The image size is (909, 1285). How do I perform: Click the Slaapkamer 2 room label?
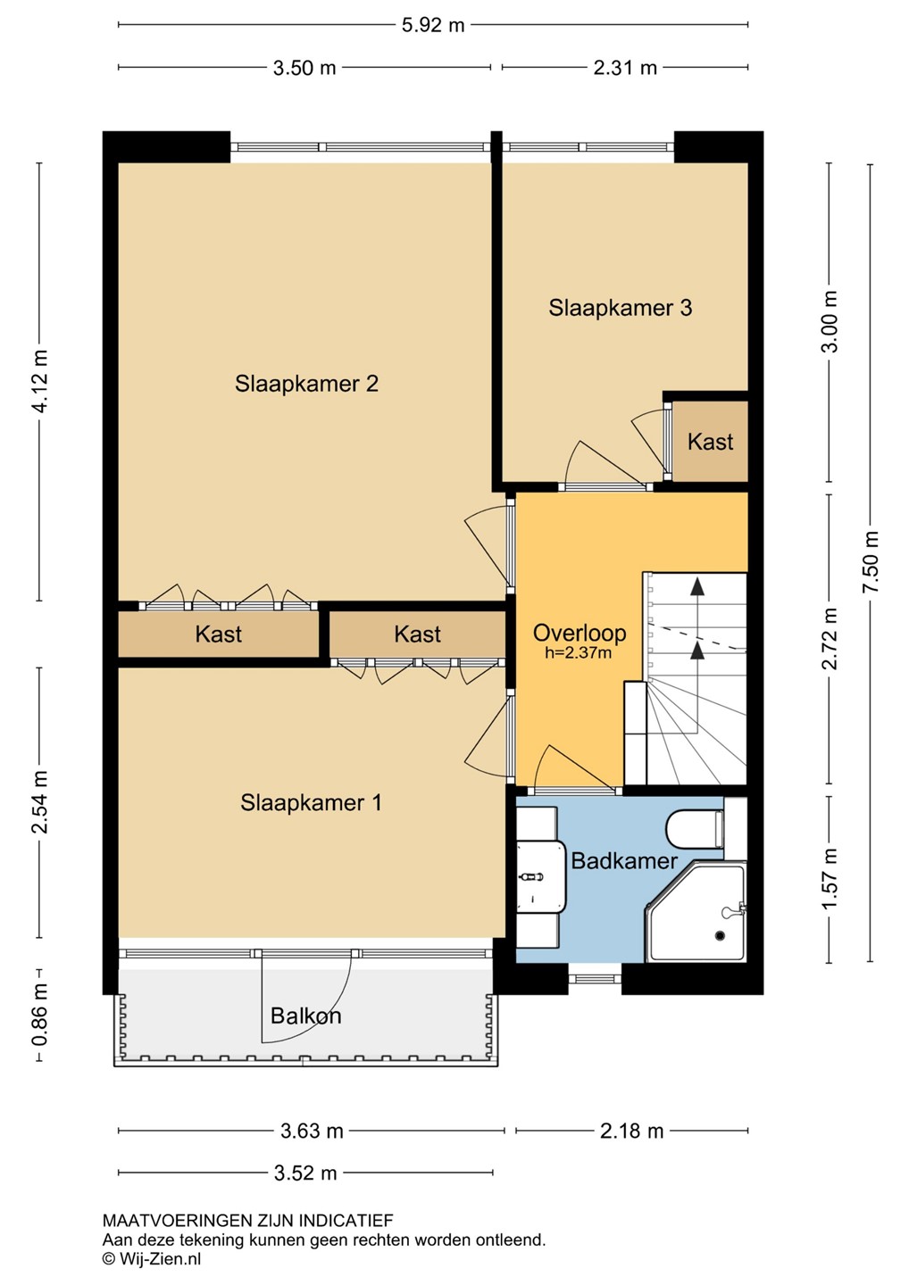[306, 384]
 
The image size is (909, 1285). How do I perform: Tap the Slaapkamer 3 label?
[621, 308]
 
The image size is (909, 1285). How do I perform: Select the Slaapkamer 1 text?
[311, 802]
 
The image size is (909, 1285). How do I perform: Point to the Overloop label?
[579, 634]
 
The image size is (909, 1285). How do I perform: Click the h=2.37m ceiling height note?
[579, 653]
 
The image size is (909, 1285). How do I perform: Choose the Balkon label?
[306, 1016]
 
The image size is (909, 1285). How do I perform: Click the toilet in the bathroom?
[695, 829]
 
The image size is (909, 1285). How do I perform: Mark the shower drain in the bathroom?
[720, 935]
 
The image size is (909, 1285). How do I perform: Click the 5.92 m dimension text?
[433, 26]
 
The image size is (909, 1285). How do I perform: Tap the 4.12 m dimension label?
[40, 381]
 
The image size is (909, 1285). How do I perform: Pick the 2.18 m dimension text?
[631, 1131]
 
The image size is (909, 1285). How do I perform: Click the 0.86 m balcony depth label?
[40, 1015]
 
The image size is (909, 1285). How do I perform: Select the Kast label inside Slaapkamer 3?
[711, 442]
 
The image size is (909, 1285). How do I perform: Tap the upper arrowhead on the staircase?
[697, 585]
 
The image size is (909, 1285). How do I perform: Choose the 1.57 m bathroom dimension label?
[830, 880]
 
